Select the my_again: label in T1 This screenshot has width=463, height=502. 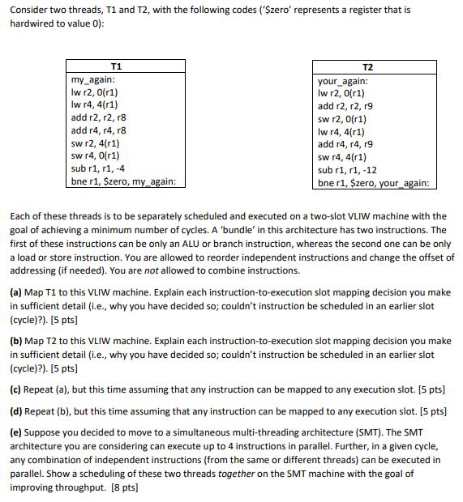point(94,79)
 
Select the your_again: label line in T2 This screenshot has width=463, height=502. point(343,81)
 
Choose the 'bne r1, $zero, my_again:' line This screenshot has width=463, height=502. point(124,181)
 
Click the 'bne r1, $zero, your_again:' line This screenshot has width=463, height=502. point(373,182)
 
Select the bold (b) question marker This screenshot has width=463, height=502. point(16,341)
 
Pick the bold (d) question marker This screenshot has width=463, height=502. point(16,411)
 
